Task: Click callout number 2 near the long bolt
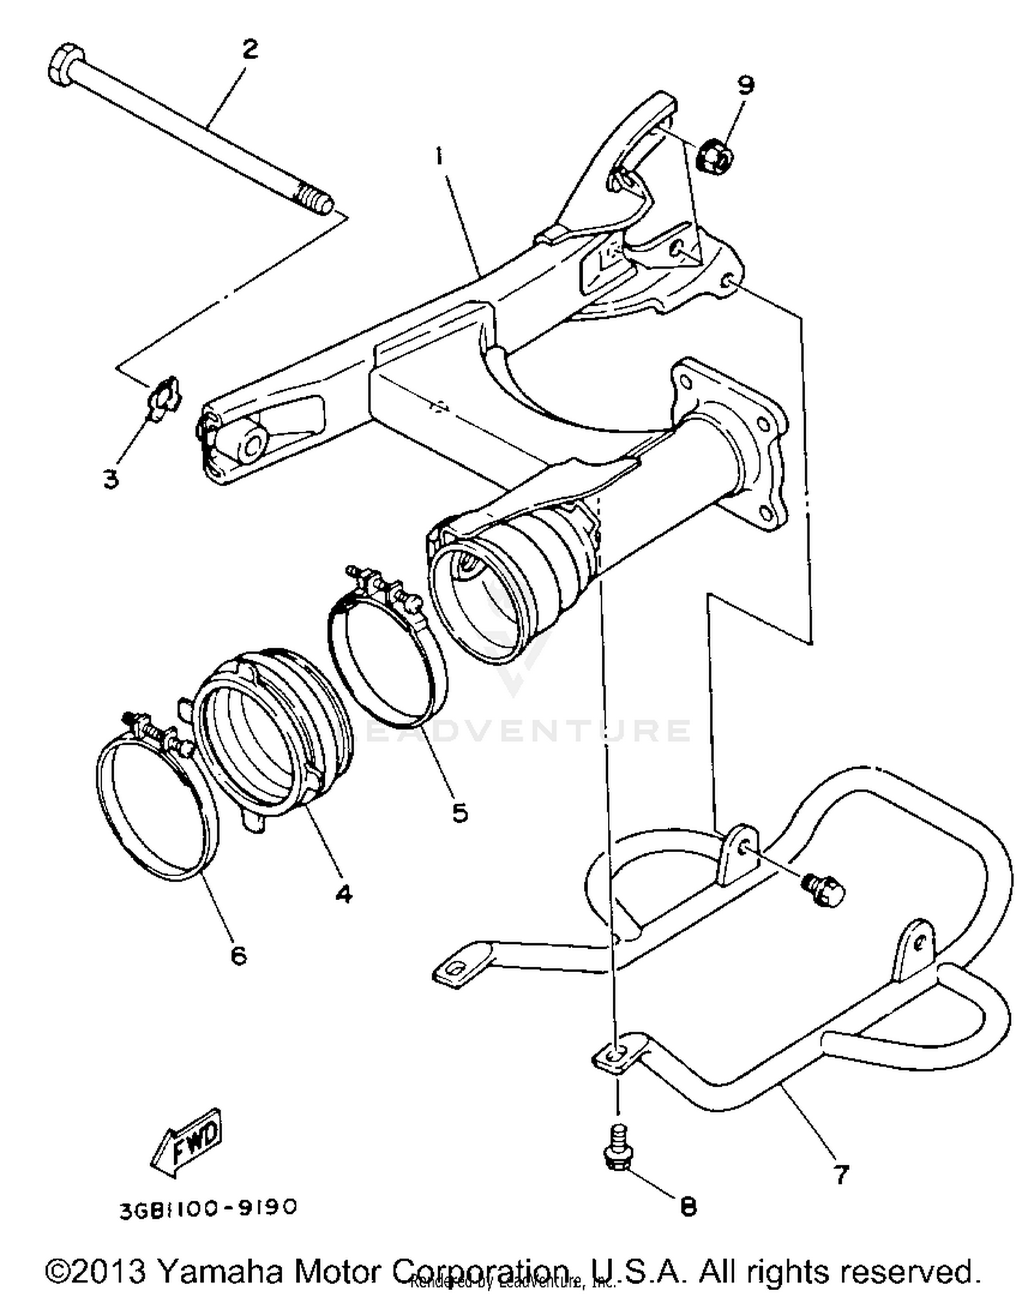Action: point(249,49)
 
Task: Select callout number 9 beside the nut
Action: point(746,85)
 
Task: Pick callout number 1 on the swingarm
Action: point(439,156)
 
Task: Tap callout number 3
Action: point(111,478)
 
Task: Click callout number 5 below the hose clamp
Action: point(460,812)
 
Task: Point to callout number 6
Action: point(238,955)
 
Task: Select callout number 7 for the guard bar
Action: point(840,1174)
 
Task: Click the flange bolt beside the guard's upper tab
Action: point(825,890)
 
